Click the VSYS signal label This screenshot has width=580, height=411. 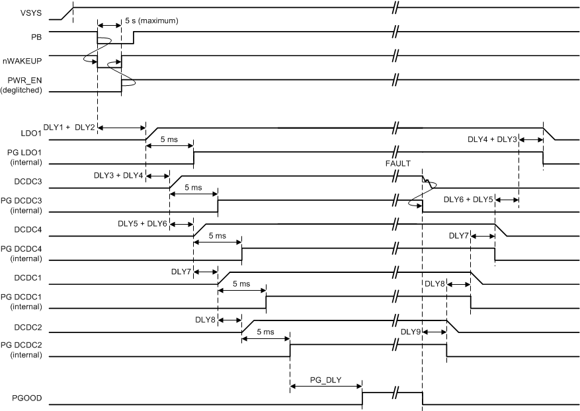(30, 12)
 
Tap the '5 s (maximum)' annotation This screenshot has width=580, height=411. (152, 21)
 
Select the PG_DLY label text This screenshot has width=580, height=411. (325, 381)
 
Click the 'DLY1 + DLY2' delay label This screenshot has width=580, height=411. (69, 126)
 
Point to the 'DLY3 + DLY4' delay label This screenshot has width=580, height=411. (118, 174)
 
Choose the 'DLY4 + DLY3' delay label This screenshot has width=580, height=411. (491, 139)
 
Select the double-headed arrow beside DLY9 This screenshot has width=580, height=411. (435, 332)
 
